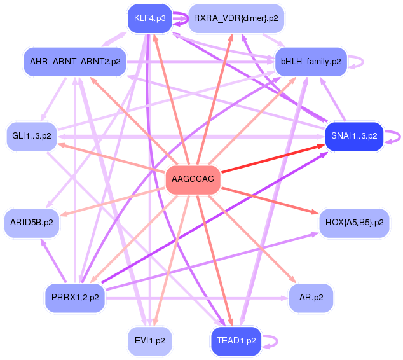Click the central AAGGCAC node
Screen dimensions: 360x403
[x=193, y=180]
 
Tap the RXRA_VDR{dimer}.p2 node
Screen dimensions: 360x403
[x=236, y=18]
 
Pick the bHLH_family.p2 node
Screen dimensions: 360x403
[x=310, y=62]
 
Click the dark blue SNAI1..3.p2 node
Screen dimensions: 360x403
[x=353, y=135]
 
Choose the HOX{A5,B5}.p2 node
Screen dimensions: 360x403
[x=354, y=223]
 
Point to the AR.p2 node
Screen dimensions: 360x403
[x=311, y=298]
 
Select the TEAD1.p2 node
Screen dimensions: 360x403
[x=236, y=340]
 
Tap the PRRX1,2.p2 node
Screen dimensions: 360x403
[x=75, y=298]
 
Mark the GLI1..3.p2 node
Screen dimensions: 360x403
[x=32, y=135]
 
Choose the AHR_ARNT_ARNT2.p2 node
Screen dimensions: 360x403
[x=75, y=62]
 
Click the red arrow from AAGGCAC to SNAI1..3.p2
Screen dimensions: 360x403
[x=273, y=157]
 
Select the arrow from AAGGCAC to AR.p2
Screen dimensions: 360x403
[x=254, y=241]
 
